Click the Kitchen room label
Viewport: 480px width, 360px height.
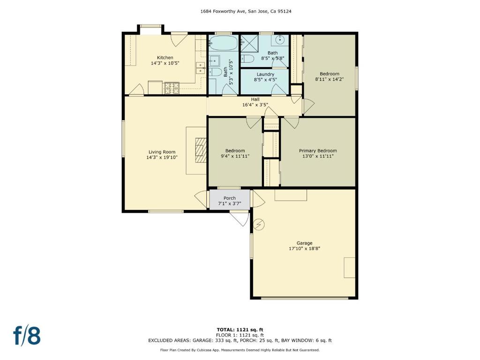click(165, 58)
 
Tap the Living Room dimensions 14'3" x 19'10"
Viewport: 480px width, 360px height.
click(162, 157)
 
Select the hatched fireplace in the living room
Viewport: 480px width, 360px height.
click(201, 150)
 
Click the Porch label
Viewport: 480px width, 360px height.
click(230, 198)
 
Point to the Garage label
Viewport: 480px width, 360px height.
click(304, 243)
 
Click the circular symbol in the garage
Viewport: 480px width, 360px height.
click(260, 225)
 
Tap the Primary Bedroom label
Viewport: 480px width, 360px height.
click(318, 150)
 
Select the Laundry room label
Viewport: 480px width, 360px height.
click(265, 74)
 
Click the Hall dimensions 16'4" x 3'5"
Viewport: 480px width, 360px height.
click(255, 105)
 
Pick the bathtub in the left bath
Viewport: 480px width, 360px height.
click(224, 43)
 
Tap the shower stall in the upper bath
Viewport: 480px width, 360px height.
click(249, 44)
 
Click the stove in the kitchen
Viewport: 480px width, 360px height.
click(172, 88)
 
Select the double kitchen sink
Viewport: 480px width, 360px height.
click(201, 68)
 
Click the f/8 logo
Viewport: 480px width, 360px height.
click(27, 336)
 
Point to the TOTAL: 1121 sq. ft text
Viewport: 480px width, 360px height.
click(240, 330)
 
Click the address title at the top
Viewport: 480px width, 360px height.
click(246, 11)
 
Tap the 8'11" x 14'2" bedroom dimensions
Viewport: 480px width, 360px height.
click(330, 79)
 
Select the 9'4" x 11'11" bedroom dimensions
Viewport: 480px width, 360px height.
click(235, 156)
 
